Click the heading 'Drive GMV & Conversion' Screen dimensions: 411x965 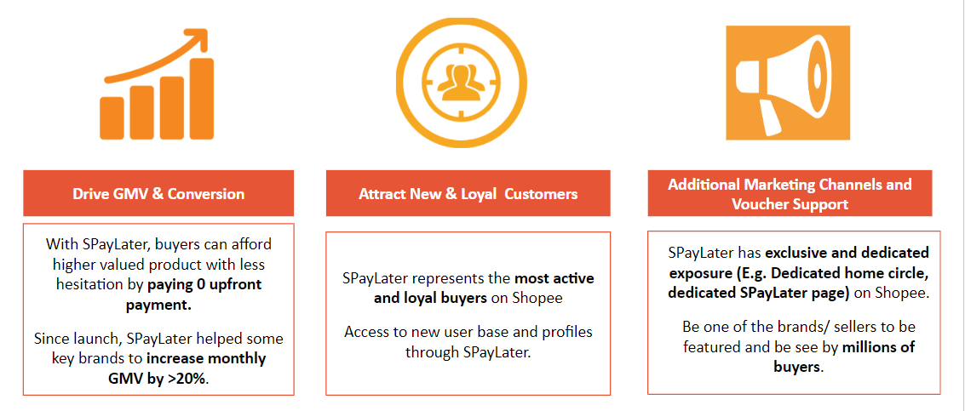158,193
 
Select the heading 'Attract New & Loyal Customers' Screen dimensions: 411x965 468,194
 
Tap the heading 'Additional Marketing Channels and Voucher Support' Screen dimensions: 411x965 790,194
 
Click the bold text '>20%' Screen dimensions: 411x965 188,379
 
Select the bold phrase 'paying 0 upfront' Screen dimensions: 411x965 204,284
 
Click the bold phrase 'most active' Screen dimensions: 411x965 554,278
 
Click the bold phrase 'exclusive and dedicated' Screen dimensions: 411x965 847,253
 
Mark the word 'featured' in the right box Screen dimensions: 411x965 709,346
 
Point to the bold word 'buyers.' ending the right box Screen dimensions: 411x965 799,367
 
